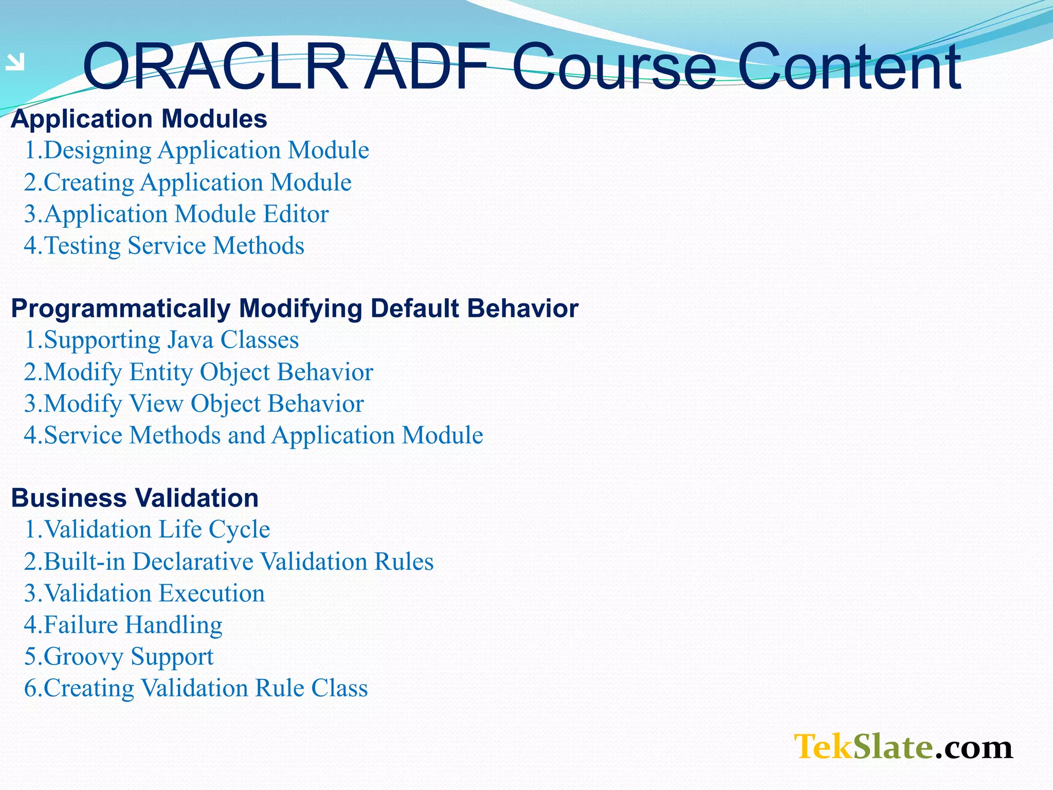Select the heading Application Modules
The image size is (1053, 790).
[139, 119]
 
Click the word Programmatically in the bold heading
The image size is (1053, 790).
[121, 309]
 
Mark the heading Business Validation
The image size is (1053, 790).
[135, 498]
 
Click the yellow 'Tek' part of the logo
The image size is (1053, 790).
[823, 747]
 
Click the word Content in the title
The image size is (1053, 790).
[848, 67]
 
